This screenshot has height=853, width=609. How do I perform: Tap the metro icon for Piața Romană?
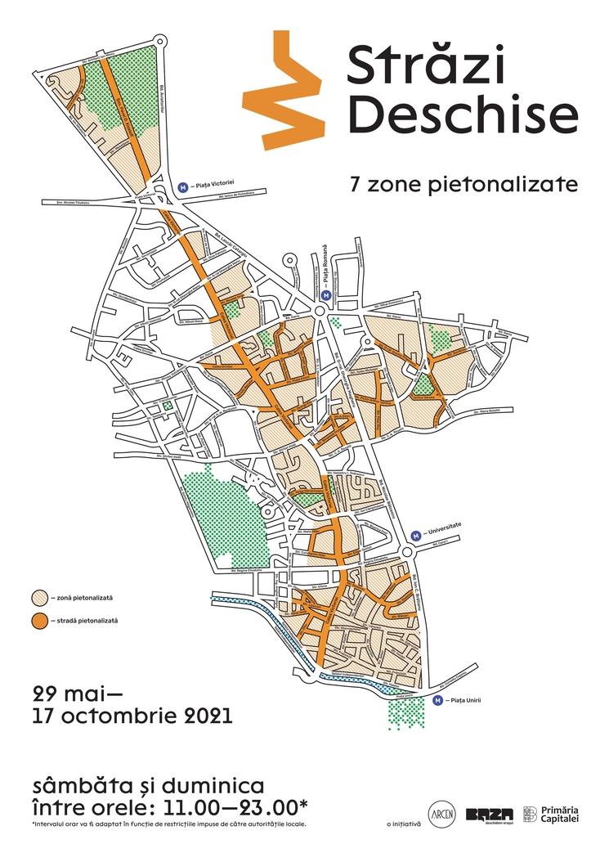(x=326, y=295)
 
